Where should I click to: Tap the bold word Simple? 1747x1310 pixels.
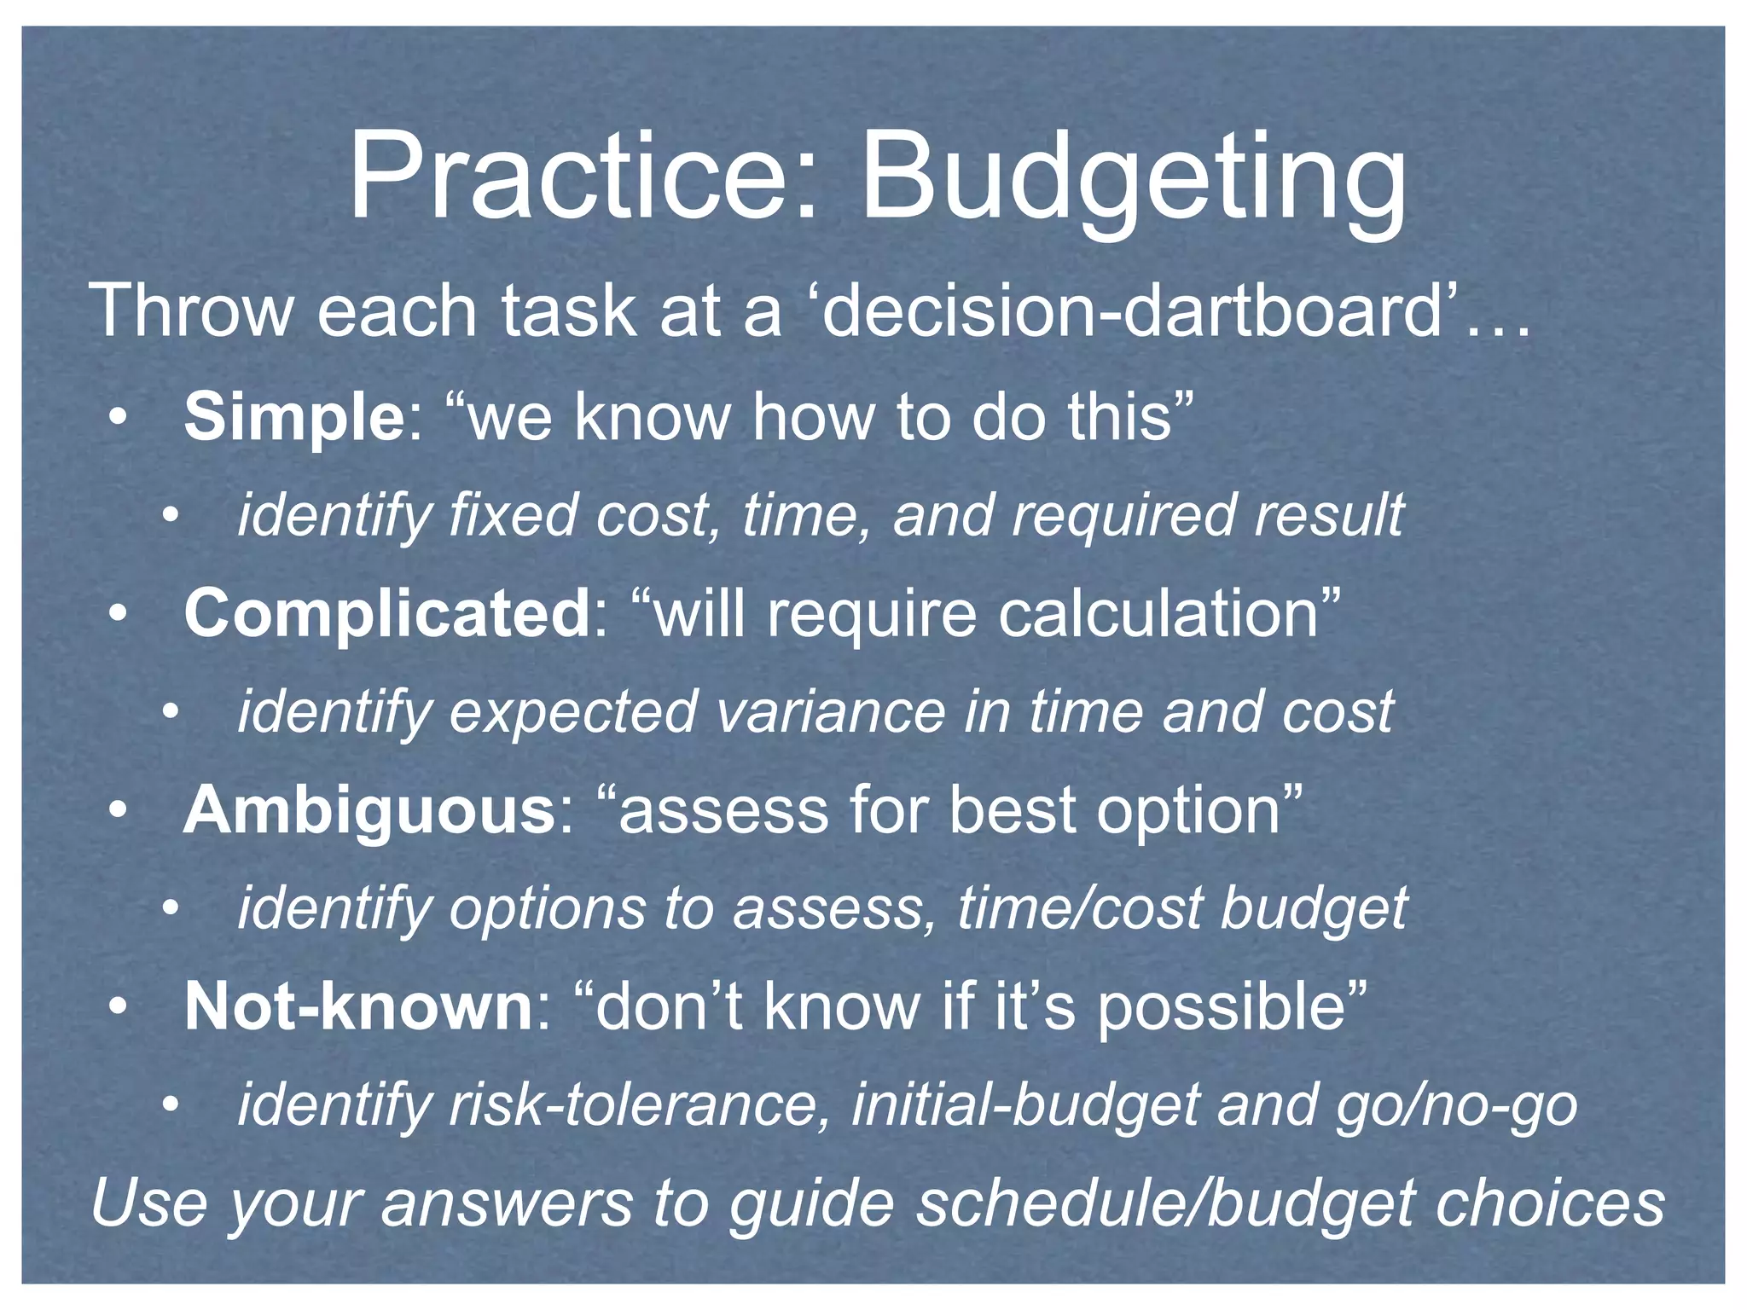coord(294,417)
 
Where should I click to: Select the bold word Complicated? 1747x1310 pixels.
coord(386,613)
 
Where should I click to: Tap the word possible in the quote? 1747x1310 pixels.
coord(1221,1007)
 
